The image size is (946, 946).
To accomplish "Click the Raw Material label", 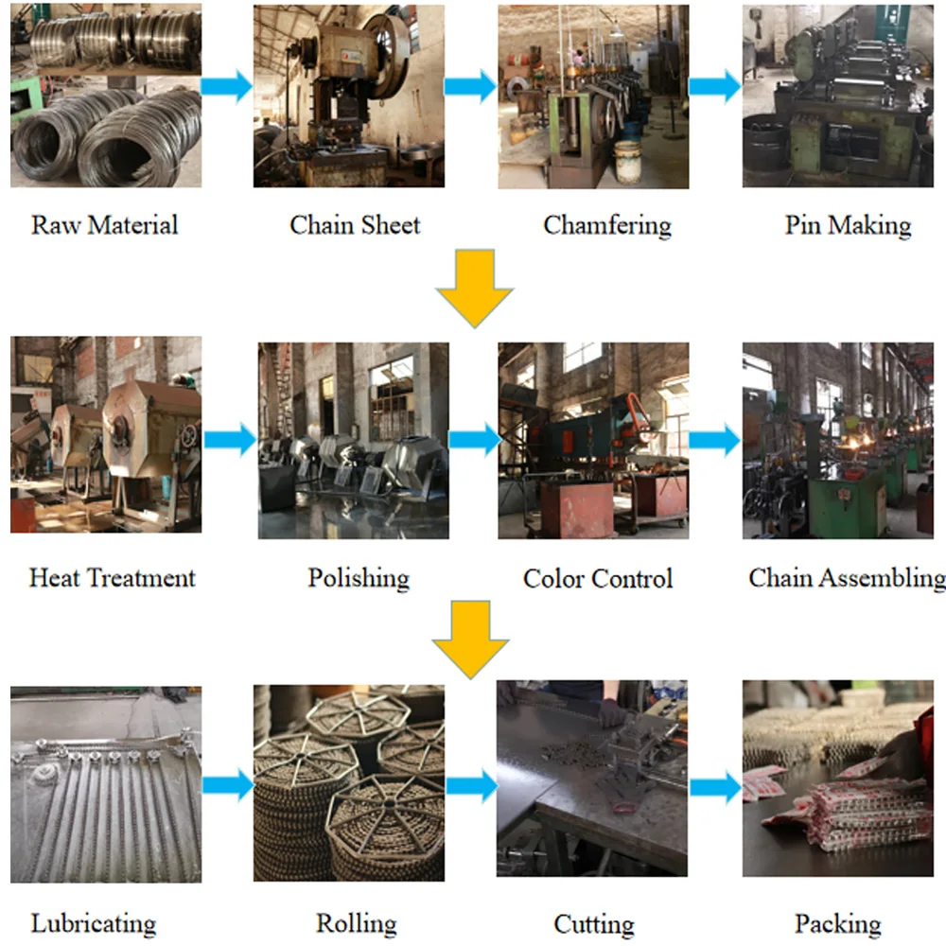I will (x=104, y=225).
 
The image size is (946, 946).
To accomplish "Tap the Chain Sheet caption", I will (x=355, y=225).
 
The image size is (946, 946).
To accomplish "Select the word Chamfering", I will (x=607, y=225).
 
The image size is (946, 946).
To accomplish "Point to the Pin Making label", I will (x=848, y=225).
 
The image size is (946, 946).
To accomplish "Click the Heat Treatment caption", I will (x=112, y=577).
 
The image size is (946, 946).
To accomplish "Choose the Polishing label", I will (x=359, y=577).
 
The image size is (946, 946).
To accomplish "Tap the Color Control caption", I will (x=598, y=578).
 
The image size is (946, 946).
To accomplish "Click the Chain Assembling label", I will (x=846, y=577).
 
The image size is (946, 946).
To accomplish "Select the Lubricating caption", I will (x=94, y=923).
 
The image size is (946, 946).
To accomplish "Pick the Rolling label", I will (x=357, y=923).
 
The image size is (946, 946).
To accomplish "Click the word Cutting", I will (x=594, y=923).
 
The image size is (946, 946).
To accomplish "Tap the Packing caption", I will (x=838, y=923).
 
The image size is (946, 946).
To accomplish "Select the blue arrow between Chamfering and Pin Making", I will (x=714, y=87).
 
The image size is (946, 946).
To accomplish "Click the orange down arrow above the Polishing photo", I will (x=474, y=286).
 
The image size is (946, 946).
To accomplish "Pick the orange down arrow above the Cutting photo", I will (x=470, y=639).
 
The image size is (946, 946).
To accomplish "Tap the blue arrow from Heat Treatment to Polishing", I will (x=230, y=439).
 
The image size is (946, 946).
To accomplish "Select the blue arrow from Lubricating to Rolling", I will (x=228, y=784).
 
